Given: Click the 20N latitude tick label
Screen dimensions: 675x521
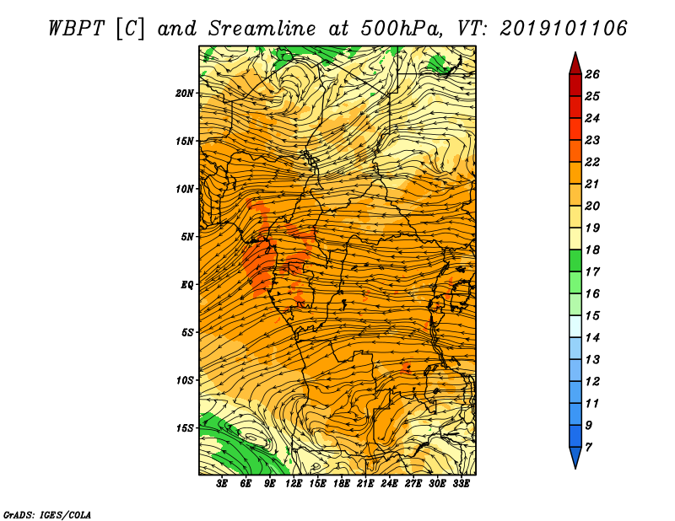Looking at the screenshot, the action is click(185, 94).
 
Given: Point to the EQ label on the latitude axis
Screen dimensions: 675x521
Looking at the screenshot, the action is click(187, 285).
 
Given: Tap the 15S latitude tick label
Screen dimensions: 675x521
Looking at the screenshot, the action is click(185, 428).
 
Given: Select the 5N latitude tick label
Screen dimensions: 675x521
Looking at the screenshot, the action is click(187, 237).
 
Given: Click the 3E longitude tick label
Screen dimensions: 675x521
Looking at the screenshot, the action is click(222, 484).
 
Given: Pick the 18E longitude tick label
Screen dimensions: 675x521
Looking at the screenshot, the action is click(342, 484).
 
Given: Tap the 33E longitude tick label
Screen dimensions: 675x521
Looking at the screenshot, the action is click(461, 484).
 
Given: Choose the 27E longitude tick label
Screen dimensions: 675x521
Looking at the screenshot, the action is click(413, 484).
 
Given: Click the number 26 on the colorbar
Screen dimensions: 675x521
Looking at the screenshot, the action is click(592, 74).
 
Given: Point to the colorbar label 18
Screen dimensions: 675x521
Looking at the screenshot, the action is click(592, 250).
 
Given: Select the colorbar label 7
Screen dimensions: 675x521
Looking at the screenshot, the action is click(588, 448).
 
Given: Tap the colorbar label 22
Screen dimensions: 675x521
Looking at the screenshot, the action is click(592, 162).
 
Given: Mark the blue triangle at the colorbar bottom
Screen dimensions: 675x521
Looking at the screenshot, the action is click(575, 456).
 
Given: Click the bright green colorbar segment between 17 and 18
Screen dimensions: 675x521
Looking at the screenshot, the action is click(575, 260).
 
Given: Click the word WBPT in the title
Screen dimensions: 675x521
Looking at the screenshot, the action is click(76, 29).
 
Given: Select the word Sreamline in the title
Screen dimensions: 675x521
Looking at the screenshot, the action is click(262, 29).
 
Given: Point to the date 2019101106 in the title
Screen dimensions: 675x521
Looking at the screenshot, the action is click(564, 29).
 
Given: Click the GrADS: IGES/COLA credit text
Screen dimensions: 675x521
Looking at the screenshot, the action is click(47, 514).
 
